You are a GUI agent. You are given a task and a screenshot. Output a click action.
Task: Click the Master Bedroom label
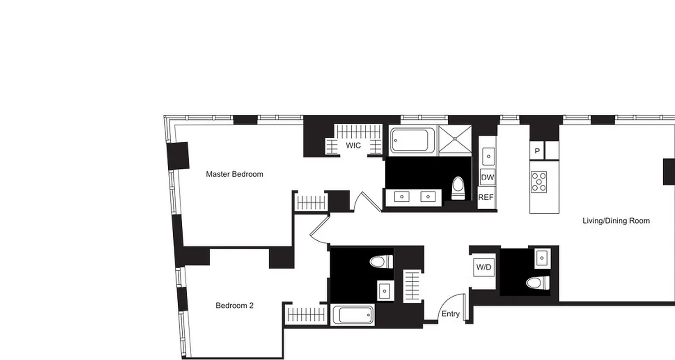pyautogui.click(x=234, y=174)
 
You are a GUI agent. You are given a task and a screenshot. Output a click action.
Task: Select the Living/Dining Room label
pyautogui.click(x=616, y=221)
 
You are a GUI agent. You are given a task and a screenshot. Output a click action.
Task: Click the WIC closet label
pyautogui.click(x=353, y=146)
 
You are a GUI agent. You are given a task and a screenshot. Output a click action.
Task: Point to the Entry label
pyautogui.click(x=450, y=314)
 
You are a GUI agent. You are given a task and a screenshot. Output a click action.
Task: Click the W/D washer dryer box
pyautogui.click(x=484, y=267)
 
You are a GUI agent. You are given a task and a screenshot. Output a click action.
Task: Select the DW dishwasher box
pyautogui.click(x=487, y=177)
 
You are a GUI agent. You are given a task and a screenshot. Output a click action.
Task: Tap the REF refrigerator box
pyautogui.click(x=486, y=197)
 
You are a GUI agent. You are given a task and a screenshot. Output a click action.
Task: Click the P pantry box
pyautogui.click(x=537, y=151)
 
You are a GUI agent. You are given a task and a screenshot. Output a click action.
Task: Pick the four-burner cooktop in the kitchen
pyautogui.click(x=539, y=182)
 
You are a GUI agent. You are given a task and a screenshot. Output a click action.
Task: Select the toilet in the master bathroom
pyautogui.click(x=458, y=189)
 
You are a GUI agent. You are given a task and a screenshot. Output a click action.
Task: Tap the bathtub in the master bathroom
pyautogui.click(x=412, y=141)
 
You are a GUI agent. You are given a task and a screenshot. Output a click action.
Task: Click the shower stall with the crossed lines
pyautogui.click(x=455, y=141)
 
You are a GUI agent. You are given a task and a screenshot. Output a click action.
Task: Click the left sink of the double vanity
pyautogui.click(x=402, y=197)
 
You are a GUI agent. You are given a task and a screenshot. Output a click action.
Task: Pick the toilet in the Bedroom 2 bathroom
pyautogui.click(x=381, y=261)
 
